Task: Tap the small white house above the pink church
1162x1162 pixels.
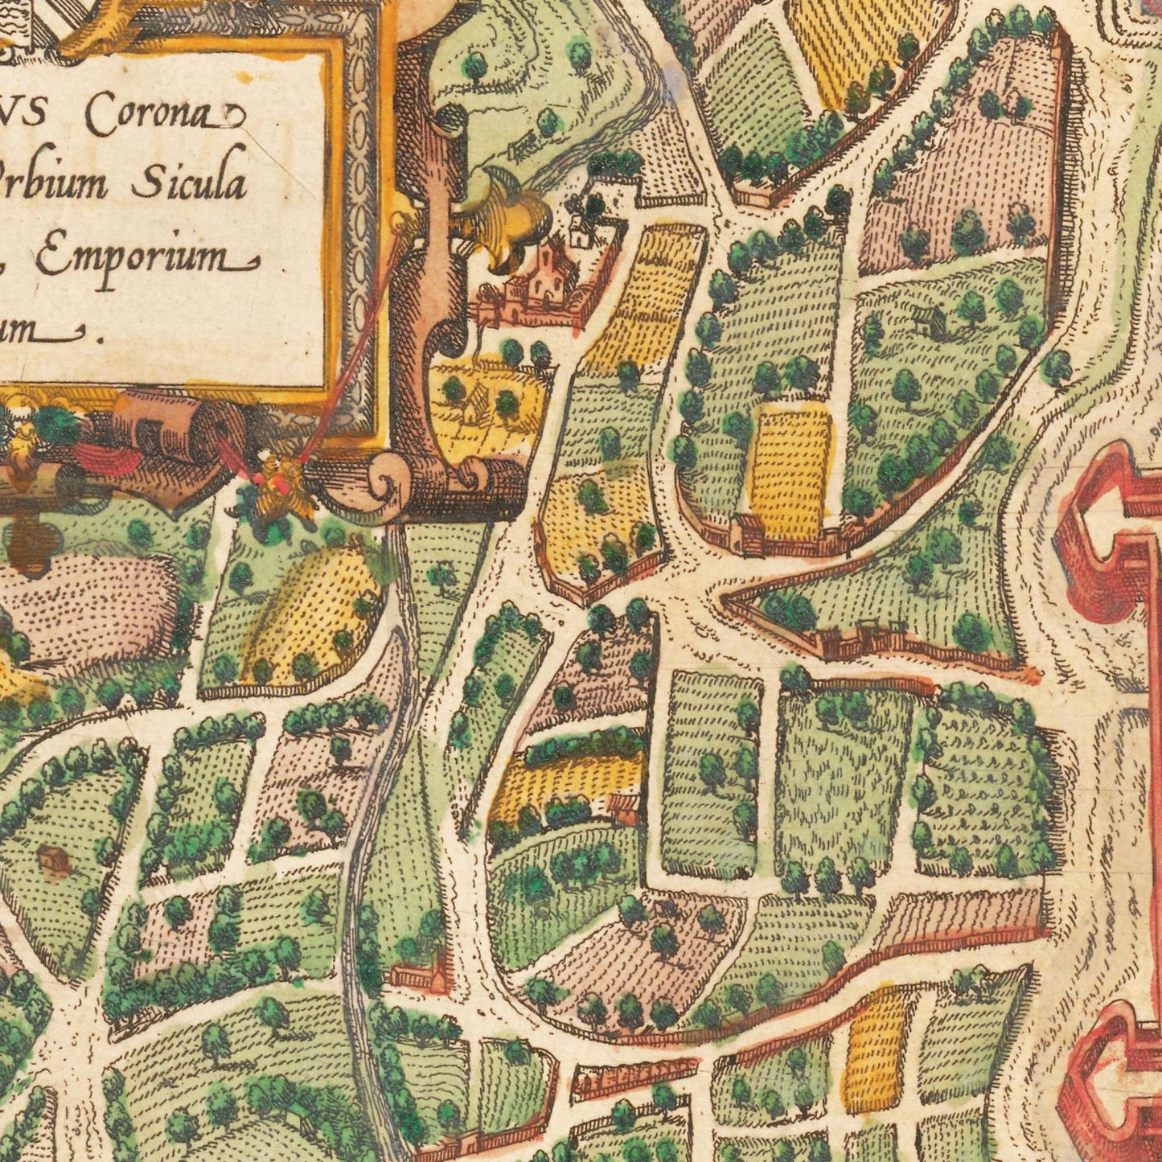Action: pyautogui.click(x=581, y=231)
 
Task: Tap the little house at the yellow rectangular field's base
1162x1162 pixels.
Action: pyautogui.click(x=749, y=534)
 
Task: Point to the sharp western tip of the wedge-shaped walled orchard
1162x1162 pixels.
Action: pyautogui.click(x=726, y=597)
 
